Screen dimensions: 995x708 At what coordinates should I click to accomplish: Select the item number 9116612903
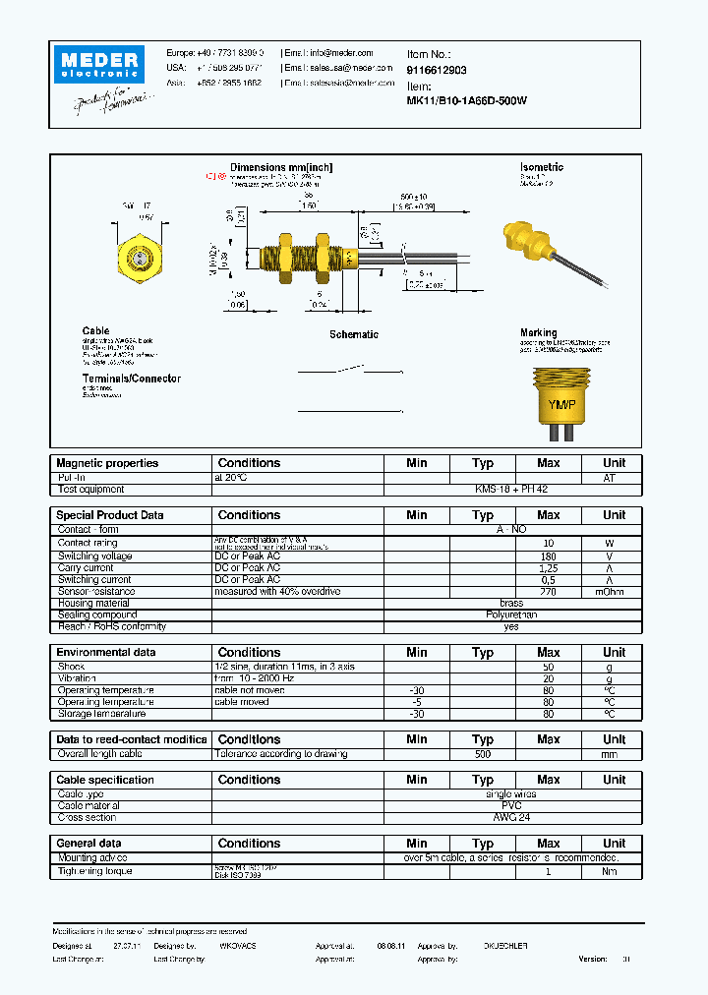(x=437, y=71)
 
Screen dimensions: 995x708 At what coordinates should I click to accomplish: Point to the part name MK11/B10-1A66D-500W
(x=467, y=100)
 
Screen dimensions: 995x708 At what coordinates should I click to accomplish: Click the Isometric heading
(x=542, y=168)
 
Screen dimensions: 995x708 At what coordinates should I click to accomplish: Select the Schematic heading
(x=354, y=334)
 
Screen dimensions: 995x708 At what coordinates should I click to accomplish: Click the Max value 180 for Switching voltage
(x=549, y=556)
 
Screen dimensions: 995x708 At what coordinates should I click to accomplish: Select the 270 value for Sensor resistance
(x=549, y=592)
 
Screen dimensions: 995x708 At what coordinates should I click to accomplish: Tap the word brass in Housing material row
(x=511, y=604)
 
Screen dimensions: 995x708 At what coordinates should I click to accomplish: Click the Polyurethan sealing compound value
(x=511, y=615)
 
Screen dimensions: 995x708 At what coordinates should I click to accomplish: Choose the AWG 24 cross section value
(x=511, y=817)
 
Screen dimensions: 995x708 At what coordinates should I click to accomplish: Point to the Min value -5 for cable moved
(x=417, y=702)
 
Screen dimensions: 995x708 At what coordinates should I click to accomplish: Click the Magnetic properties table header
(x=107, y=463)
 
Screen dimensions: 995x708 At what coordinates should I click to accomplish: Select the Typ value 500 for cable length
(x=482, y=754)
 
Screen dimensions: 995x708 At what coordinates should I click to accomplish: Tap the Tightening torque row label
(x=94, y=870)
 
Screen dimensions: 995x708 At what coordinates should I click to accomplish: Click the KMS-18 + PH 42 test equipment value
(x=511, y=489)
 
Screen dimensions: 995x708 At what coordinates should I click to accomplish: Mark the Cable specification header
(x=105, y=780)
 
